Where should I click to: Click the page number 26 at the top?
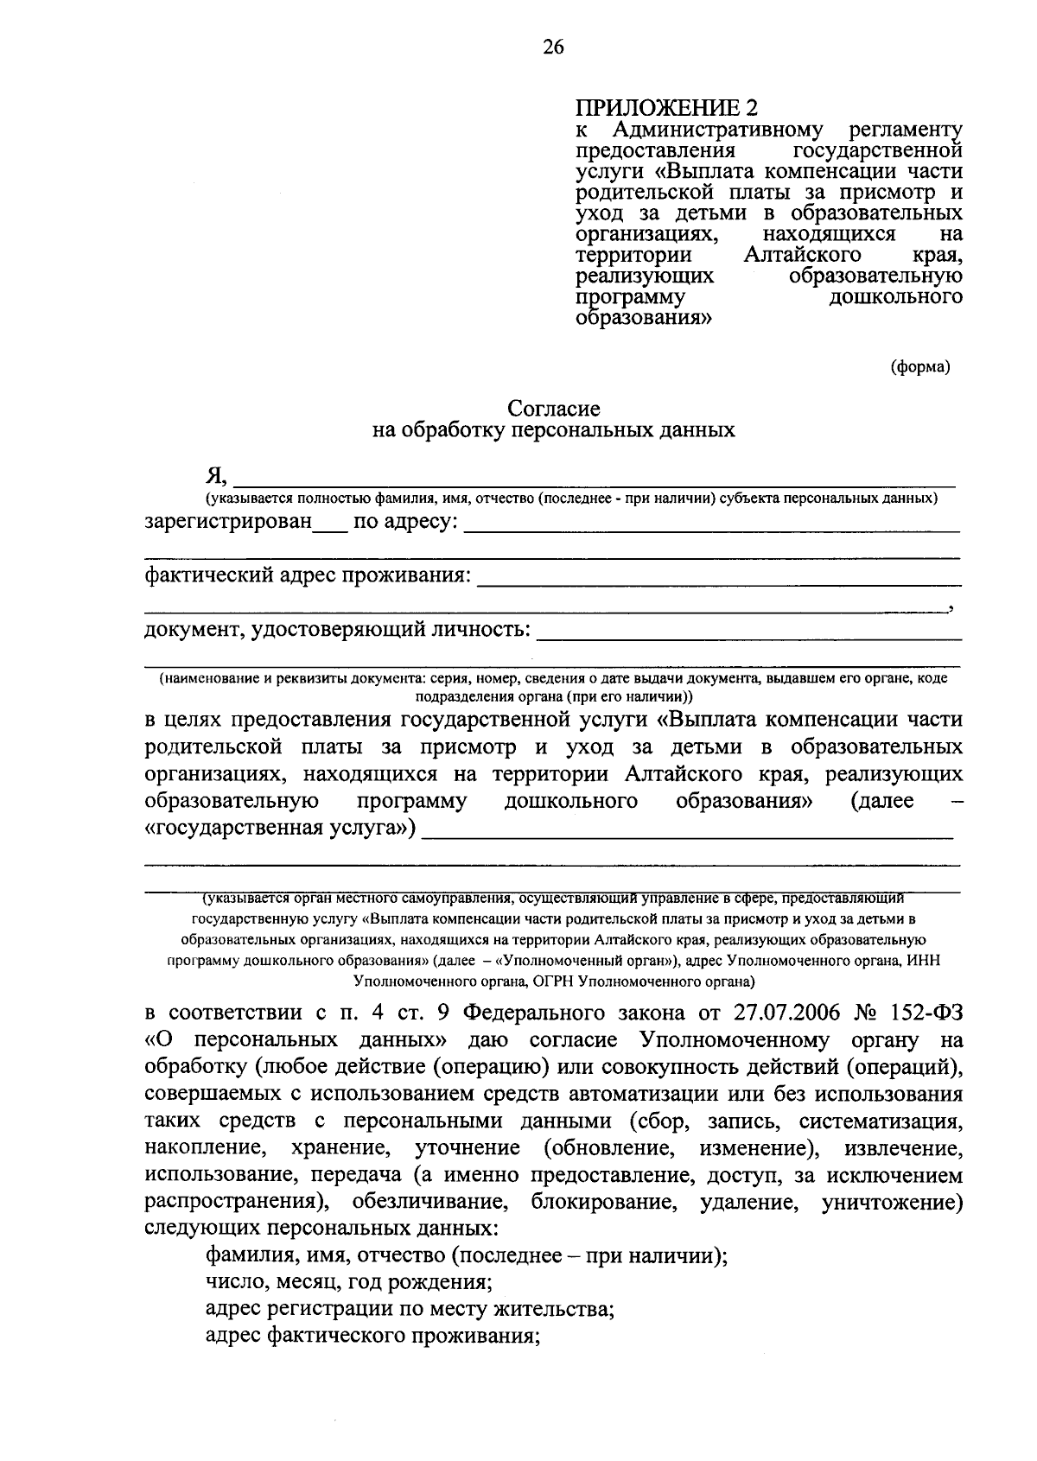(553, 48)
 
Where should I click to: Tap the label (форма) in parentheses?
(920, 367)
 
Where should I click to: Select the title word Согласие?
(553, 407)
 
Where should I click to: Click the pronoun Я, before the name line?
(216, 475)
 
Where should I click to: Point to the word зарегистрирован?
(227, 523)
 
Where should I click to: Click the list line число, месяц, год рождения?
(349, 1282)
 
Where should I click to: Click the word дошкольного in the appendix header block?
(896, 297)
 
